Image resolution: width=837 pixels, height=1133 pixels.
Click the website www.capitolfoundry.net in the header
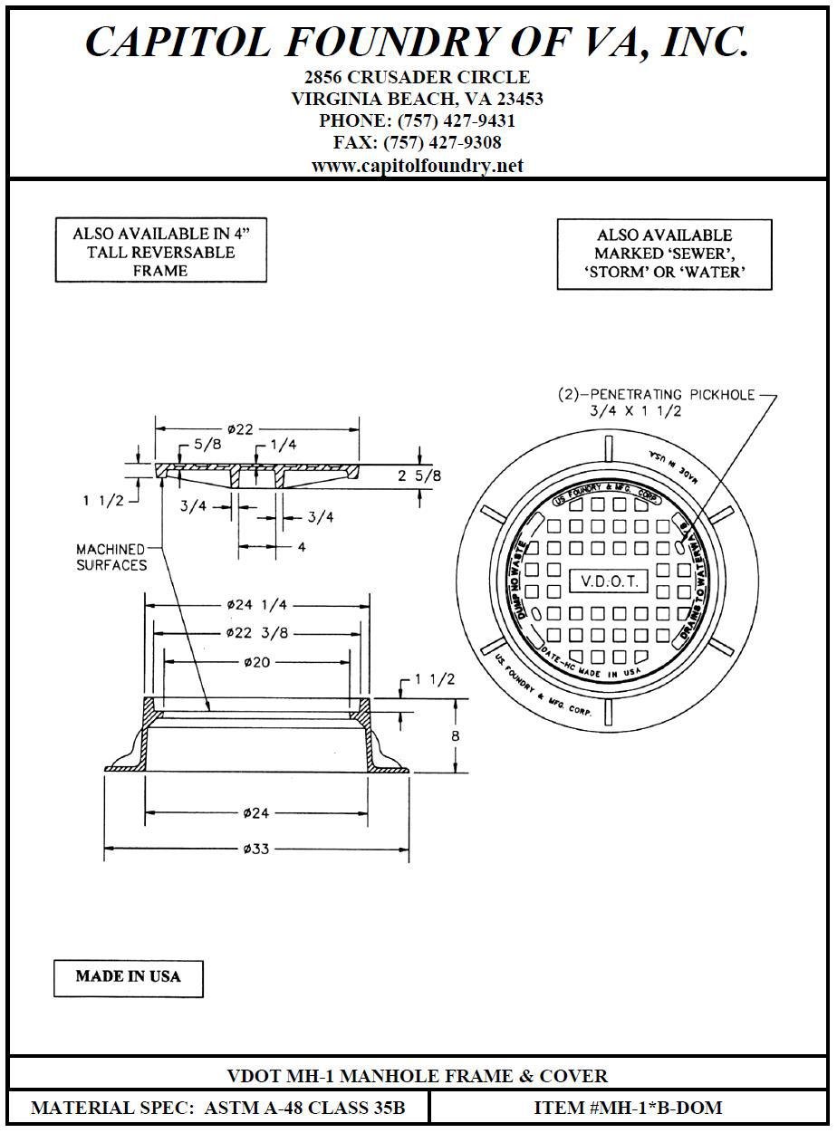pyautogui.click(x=417, y=166)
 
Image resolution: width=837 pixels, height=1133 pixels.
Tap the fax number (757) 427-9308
pyautogui.click(x=442, y=143)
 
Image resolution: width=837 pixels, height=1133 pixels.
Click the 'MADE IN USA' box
pyautogui.click(x=128, y=976)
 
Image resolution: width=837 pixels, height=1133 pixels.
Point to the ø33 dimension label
pyautogui.click(x=257, y=849)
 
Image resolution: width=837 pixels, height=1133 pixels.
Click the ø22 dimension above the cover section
pyautogui.click(x=239, y=429)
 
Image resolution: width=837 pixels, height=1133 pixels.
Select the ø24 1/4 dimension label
pyautogui.click(x=258, y=604)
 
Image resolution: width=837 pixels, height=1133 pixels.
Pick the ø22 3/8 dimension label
pyautogui.click(x=258, y=633)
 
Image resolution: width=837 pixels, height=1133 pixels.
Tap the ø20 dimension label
pyautogui.click(x=257, y=662)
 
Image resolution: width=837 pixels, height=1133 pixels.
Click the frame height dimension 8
pyautogui.click(x=455, y=736)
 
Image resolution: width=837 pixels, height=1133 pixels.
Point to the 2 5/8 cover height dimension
pyautogui.click(x=419, y=475)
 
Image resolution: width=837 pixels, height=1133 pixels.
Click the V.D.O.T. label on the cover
pyautogui.click(x=608, y=581)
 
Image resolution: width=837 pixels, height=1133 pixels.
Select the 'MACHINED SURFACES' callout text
pyautogui.click(x=111, y=557)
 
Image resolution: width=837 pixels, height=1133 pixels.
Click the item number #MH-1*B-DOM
pyautogui.click(x=628, y=1108)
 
